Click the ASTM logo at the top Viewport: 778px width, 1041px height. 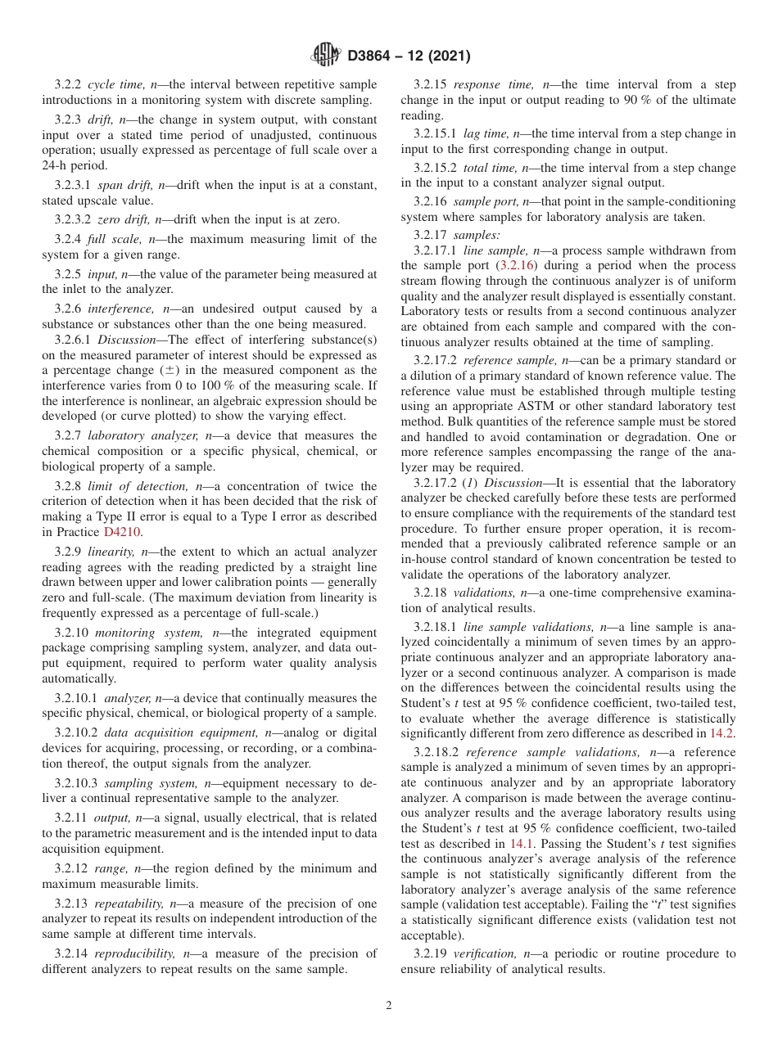328,56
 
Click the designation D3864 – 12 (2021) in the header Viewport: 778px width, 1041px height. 409,56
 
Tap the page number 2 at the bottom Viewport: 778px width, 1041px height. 389,1006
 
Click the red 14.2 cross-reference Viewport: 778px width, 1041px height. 722,733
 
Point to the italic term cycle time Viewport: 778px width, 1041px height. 115,85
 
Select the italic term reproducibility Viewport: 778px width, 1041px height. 136,953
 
